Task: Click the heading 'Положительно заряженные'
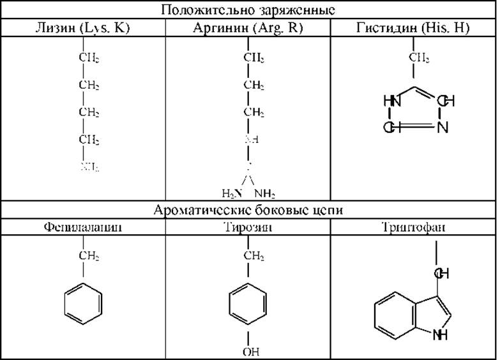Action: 248,10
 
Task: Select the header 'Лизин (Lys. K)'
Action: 83,28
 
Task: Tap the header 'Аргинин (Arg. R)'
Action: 248,28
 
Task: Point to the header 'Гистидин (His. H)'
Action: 414,28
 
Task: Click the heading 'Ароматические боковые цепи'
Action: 248,210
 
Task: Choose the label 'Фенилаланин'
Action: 83,227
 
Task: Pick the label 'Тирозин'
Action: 248,227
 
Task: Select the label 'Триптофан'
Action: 414,227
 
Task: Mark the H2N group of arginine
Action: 231,193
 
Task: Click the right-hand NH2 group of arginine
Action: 264,193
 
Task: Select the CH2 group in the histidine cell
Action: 419,58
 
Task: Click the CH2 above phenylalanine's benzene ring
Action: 89,257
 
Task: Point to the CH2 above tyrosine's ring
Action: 254,257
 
